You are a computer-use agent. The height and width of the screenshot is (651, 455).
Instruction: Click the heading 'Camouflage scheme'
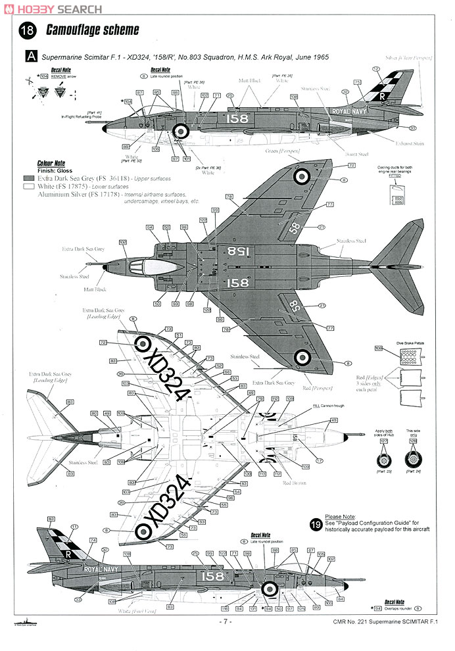(x=93, y=30)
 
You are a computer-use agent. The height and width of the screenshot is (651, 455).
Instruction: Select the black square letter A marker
(x=30, y=58)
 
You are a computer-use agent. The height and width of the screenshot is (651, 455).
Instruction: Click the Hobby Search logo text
(x=53, y=9)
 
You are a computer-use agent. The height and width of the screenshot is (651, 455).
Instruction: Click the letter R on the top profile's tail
(x=381, y=96)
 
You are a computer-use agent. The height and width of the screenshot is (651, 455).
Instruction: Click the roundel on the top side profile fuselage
(x=181, y=131)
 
